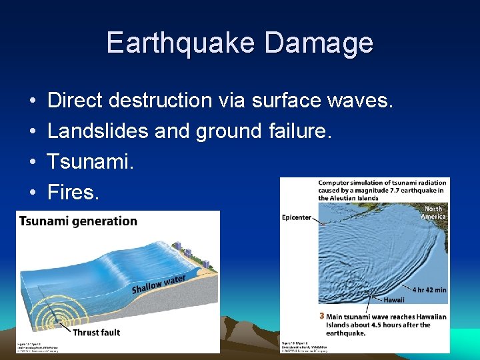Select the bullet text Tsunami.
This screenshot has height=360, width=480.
[x=90, y=162]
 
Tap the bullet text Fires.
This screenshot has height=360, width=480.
[x=73, y=193]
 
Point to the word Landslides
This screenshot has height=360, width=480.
[x=98, y=131]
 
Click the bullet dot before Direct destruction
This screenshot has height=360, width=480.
[x=33, y=101]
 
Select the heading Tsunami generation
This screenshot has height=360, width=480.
[x=78, y=221]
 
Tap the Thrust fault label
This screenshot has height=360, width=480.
[x=96, y=332]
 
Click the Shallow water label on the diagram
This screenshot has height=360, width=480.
[x=158, y=283]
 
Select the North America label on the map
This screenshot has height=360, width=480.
[x=433, y=213]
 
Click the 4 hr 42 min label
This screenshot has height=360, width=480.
[x=429, y=290]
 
